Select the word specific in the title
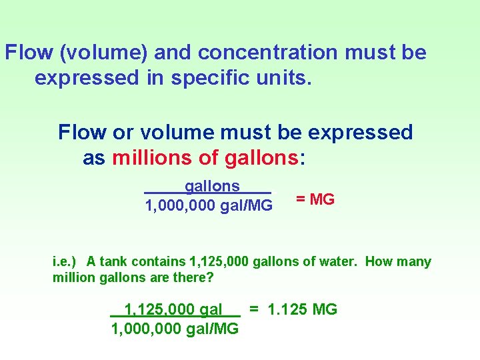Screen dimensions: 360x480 [x=214, y=78]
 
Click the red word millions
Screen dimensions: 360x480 [x=153, y=158]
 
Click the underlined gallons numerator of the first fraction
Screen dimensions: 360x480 [x=212, y=186]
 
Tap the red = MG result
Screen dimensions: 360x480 [x=315, y=199]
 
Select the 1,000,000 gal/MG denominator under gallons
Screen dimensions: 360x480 [x=209, y=206]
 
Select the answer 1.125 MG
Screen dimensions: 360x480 [x=302, y=309]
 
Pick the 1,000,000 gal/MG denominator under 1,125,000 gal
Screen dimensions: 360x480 [x=175, y=329]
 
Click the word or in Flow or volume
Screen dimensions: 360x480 [x=121, y=133]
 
